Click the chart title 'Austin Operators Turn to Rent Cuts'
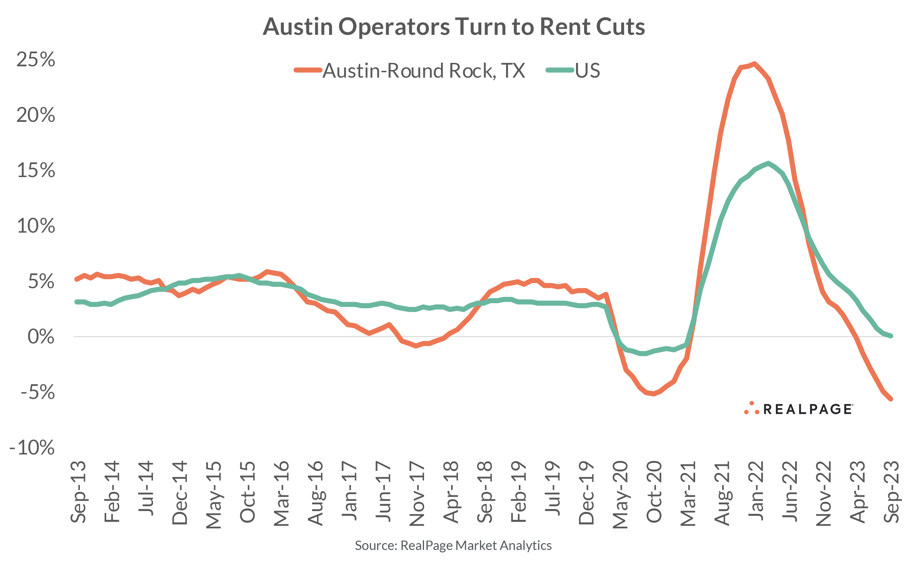[453, 27]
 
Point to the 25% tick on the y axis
[36, 60]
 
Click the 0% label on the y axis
[41, 337]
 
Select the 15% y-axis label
[36, 171]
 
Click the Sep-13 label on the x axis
[78, 492]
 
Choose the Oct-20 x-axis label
[654, 492]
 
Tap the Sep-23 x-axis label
[891, 492]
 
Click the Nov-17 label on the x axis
[417, 493]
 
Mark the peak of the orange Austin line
[754, 64]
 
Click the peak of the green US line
[768, 163]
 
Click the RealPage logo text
[808, 409]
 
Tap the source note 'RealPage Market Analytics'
[453, 545]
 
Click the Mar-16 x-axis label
[282, 493]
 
